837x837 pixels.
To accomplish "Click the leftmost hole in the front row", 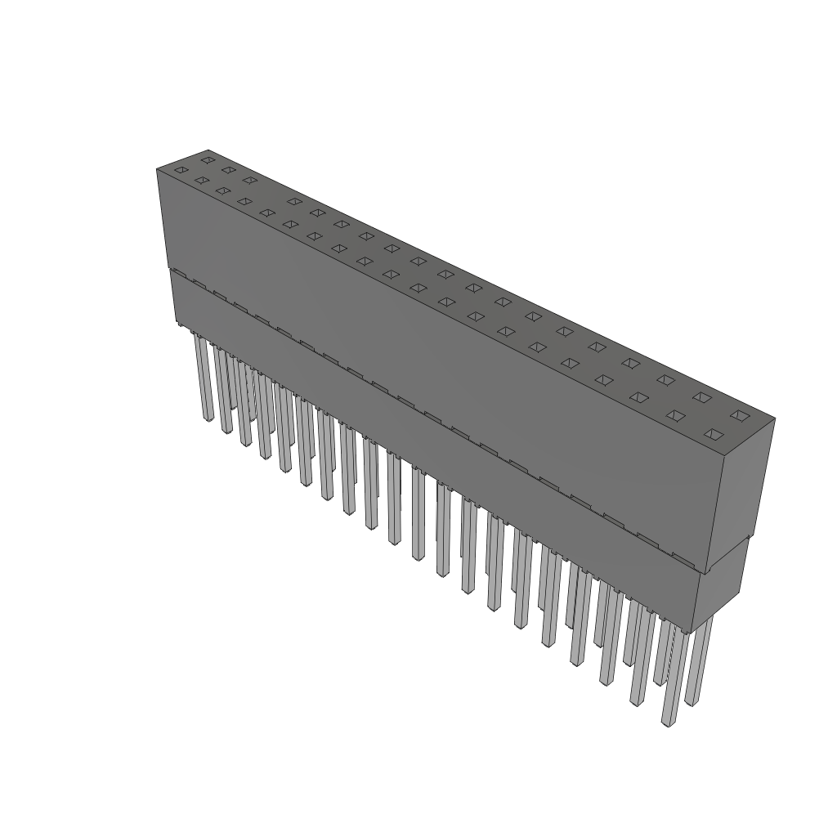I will click(x=181, y=170).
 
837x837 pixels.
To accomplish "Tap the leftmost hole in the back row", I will click(x=208, y=159).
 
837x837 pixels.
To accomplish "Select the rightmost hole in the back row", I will click(x=740, y=415).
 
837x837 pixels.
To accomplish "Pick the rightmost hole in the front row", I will click(x=714, y=434).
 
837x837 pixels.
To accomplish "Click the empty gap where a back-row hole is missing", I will click(x=271, y=190).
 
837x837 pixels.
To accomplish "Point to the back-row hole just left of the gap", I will click(x=249, y=180).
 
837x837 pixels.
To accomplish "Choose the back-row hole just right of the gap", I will click(x=294, y=201).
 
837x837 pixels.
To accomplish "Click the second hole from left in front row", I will click(x=201, y=180).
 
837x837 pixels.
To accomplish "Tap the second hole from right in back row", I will click(x=702, y=397).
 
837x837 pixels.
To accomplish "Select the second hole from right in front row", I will click(x=675, y=415).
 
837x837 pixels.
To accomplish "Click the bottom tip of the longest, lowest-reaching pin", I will click(x=669, y=723).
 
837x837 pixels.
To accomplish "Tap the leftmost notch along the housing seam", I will click(x=178, y=273).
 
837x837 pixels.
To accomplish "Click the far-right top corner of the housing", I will click(x=774, y=419).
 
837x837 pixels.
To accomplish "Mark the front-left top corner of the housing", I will click(x=157, y=169).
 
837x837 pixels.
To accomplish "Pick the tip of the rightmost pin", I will click(x=692, y=703).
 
